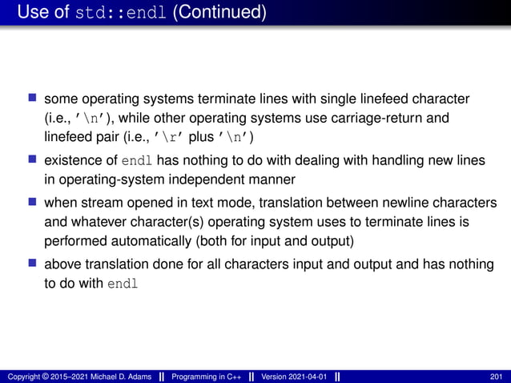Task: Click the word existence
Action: (71, 161)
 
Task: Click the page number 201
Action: (497, 377)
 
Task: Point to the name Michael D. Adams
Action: (116, 377)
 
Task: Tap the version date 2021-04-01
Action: (307, 377)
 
